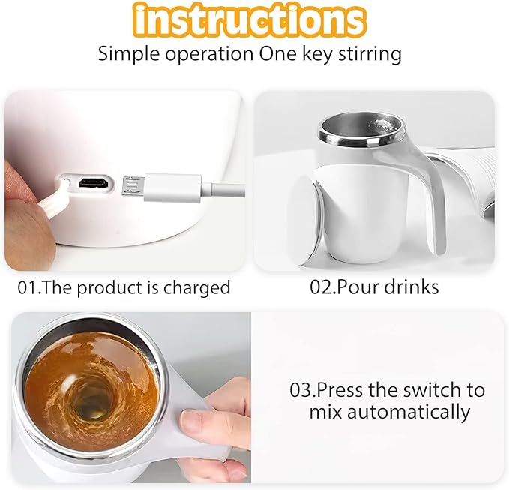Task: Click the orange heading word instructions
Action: coord(255,20)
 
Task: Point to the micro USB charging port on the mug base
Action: coord(94,182)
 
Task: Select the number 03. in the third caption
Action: coord(304,391)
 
